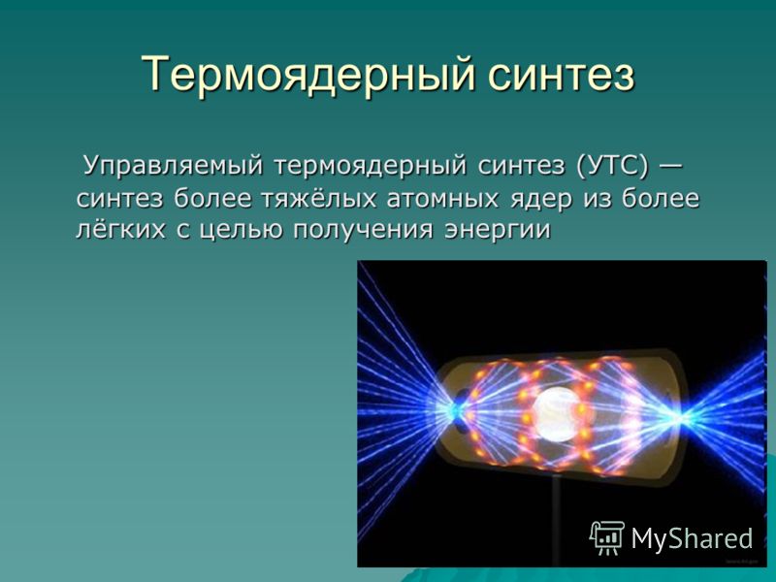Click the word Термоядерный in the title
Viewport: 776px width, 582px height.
[307, 75]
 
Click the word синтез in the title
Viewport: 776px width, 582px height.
[561, 75]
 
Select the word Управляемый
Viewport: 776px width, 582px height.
[174, 166]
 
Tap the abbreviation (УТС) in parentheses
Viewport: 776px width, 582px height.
[612, 166]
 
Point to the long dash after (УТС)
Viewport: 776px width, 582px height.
[671, 165]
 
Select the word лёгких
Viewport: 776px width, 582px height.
[120, 229]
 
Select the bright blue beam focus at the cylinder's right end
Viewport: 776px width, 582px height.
[679, 418]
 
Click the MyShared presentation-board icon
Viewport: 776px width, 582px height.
[607, 537]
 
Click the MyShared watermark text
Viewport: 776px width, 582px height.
[692, 538]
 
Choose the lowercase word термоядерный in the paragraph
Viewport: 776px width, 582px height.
[371, 167]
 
